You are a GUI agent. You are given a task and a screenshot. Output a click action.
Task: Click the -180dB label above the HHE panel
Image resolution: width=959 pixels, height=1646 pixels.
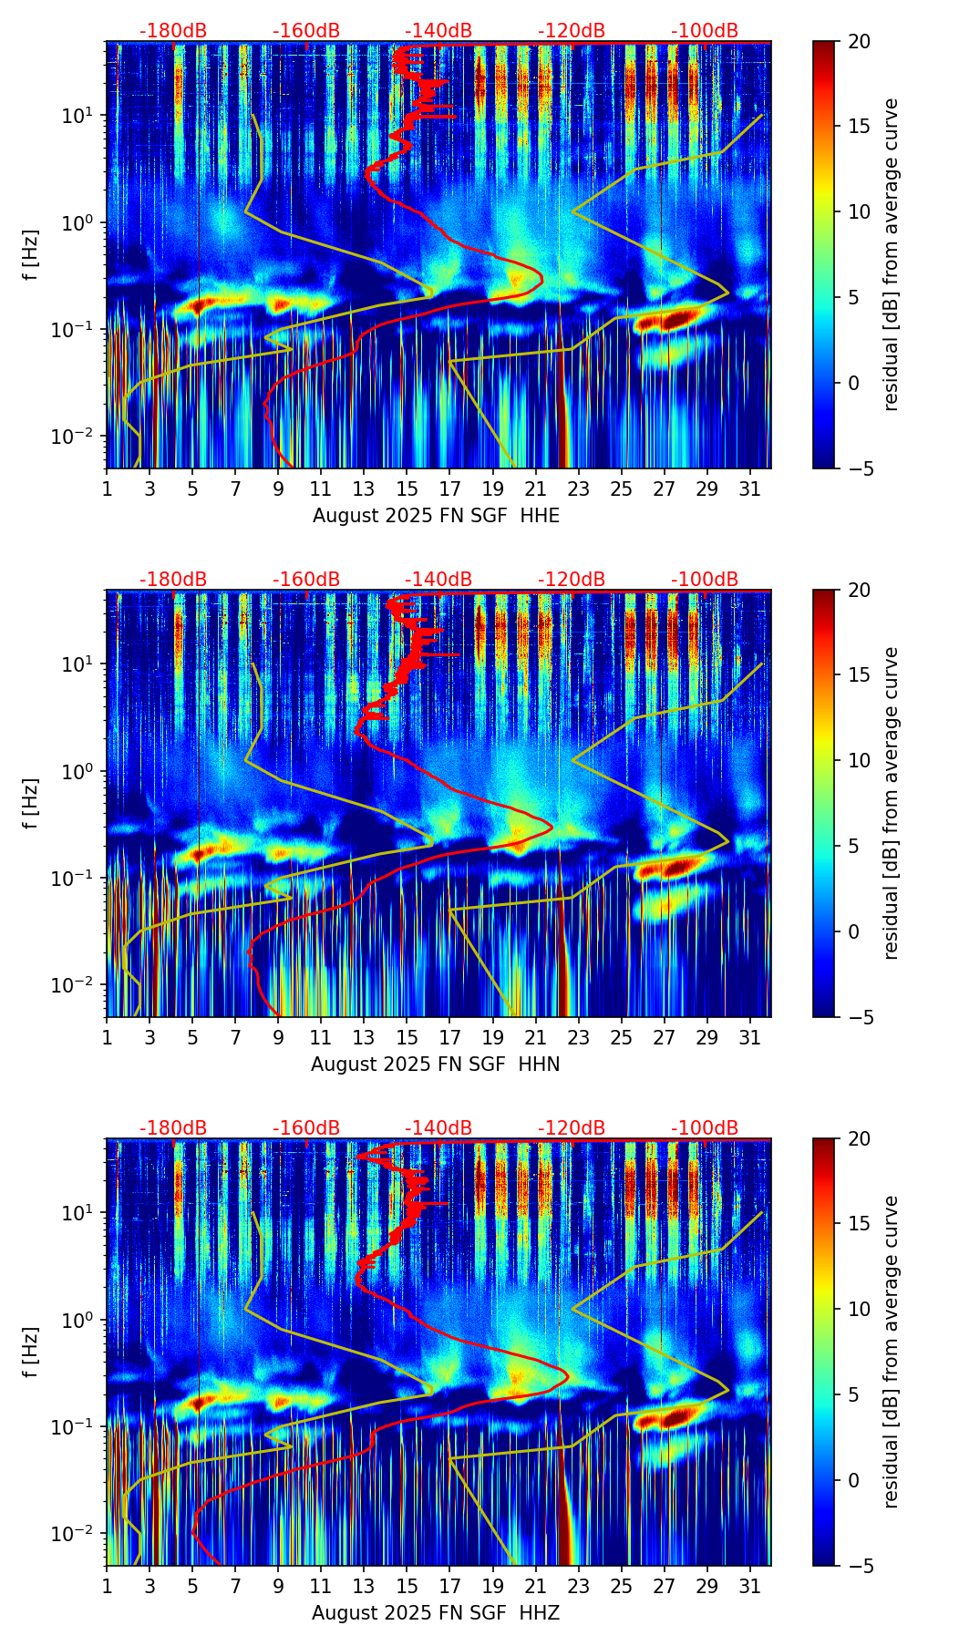173,31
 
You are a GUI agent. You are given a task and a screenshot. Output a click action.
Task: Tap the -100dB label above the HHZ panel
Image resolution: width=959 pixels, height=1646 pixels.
705,1128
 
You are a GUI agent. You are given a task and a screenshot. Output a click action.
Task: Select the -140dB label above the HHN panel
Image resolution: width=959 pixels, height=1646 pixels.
438,580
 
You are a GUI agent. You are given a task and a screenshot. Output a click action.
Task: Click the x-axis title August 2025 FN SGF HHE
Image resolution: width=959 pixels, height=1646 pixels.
436,516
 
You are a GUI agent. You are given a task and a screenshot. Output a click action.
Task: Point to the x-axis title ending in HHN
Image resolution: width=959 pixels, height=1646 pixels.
435,1065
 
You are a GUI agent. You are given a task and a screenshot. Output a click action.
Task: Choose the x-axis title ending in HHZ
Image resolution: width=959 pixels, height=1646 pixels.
435,1613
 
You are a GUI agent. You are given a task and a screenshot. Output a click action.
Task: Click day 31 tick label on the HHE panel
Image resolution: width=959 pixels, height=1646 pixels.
750,489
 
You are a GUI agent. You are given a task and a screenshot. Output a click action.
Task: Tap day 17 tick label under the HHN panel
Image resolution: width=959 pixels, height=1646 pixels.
449,1038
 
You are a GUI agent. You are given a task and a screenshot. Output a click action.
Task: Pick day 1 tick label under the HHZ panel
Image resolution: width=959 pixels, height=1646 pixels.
107,1587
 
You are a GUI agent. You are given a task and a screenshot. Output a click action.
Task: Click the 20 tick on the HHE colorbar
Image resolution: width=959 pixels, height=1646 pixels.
861,41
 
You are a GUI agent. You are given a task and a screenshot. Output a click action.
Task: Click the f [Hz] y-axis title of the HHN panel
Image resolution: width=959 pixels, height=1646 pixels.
31,803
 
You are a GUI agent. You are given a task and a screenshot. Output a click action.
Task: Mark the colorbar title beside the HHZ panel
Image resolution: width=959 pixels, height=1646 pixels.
891,1352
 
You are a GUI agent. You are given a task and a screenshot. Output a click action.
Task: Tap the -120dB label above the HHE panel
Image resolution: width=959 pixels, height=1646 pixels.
572,31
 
